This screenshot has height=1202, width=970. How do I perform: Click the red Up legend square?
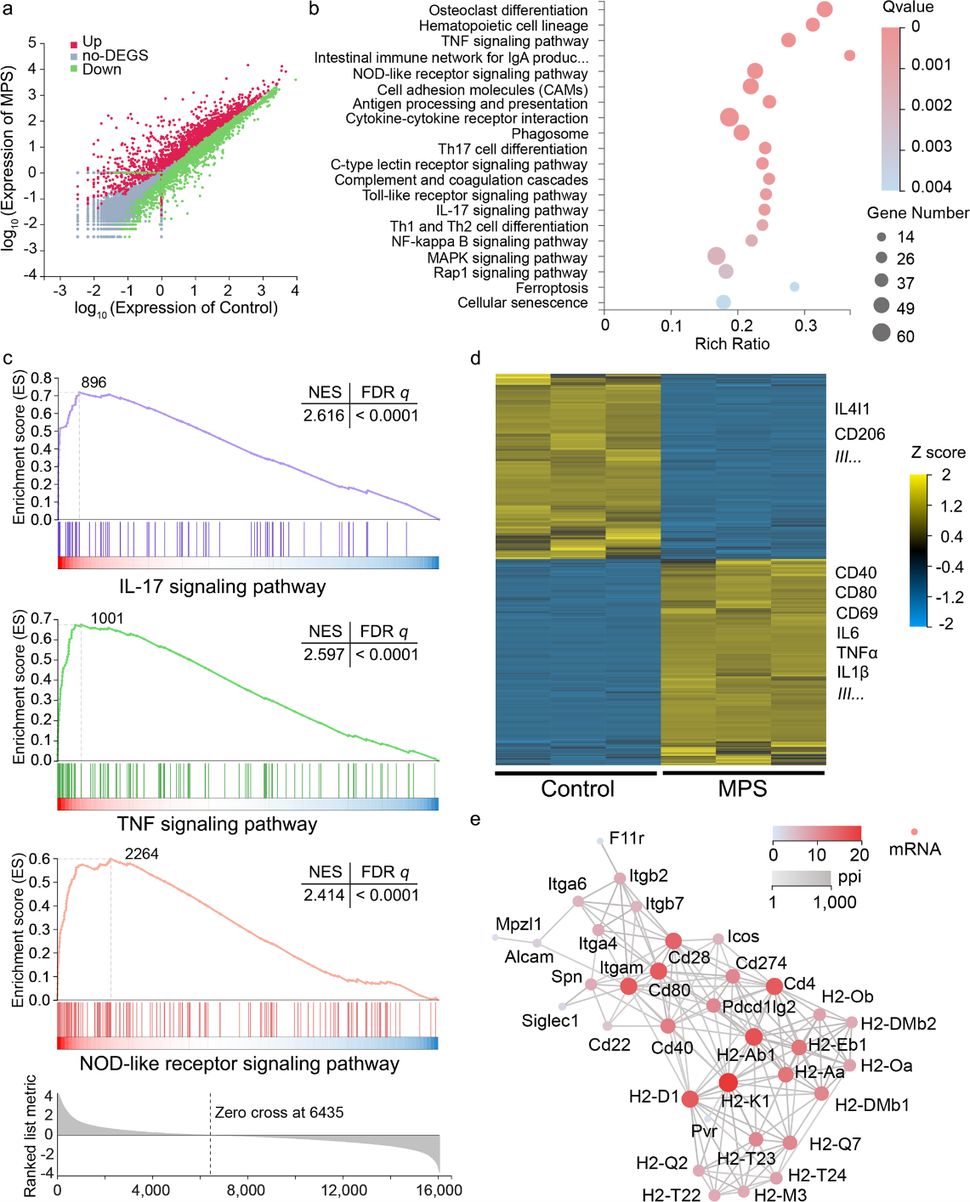(75, 42)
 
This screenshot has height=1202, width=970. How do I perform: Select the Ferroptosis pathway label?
(552, 288)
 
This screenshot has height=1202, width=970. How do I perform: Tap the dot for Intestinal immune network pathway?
(849, 55)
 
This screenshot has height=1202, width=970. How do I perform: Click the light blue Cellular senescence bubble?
(723, 302)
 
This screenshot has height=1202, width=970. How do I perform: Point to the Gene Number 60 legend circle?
(881, 332)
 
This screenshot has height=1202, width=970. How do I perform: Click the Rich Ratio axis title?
(732, 344)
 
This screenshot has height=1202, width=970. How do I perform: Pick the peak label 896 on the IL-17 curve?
(94, 382)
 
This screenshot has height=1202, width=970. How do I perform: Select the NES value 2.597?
(324, 655)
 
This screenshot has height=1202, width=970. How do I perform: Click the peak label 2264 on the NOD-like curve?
(141, 854)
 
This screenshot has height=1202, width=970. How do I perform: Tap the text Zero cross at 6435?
(279, 1113)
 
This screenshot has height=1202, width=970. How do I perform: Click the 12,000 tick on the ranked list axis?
(343, 1190)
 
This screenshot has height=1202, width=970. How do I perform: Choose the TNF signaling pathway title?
(217, 824)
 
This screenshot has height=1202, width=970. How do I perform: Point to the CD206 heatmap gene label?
(859, 434)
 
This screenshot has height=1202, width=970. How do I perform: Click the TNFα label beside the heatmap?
(857, 652)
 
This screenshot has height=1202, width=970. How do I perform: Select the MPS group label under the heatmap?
(742, 788)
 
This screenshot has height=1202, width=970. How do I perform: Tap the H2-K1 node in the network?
(729, 1082)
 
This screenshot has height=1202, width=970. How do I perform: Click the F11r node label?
(627, 838)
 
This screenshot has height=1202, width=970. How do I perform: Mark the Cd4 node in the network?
(774, 986)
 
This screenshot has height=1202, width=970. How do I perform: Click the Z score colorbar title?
(938, 453)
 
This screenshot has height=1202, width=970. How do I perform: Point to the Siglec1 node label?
(550, 1020)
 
